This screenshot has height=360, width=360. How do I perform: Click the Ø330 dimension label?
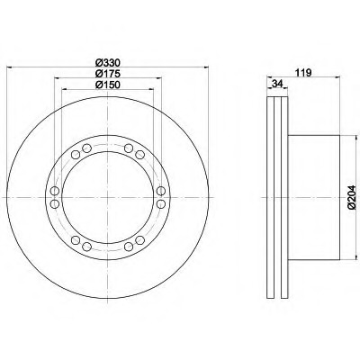click(x=108, y=63)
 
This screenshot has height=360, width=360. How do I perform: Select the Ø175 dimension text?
click(x=108, y=74)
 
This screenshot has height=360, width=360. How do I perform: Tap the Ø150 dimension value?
click(x=108, y=85)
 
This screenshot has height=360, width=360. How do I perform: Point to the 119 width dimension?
click(x=303, y=73)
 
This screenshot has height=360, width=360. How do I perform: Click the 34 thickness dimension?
click(x=277, y=84)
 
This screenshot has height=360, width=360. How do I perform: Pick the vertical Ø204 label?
click(x=351, y=197)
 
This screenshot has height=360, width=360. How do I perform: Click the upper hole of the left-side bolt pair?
click(x=55, y=191)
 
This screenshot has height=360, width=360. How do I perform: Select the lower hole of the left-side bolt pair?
click(x=55, y=204)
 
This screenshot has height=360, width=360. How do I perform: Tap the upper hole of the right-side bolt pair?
click(x=161, y=191)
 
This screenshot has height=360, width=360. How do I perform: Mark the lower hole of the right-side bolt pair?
click(x=161, y=204)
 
